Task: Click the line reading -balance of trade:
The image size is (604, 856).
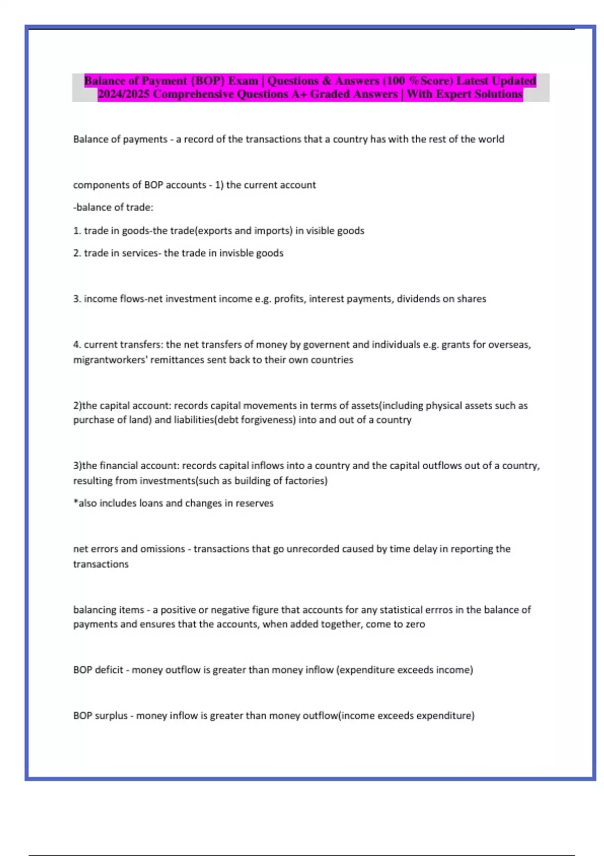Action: pos(113,207)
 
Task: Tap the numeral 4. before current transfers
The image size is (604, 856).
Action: pos(77,345)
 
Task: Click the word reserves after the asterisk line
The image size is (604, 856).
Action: pos(256,504)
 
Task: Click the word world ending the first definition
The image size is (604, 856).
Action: pos(491,139)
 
